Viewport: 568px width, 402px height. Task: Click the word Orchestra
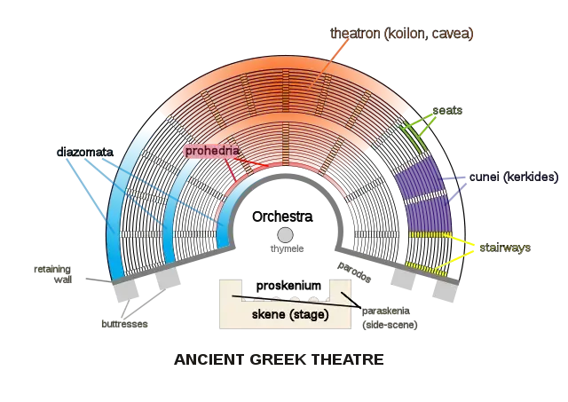coord(282,217)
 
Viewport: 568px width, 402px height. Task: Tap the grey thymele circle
coord(285,235)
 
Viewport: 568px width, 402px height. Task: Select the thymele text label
coord(287,248)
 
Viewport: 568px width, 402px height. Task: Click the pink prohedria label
coord(212,151)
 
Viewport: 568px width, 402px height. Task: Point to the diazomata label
coord(85,152)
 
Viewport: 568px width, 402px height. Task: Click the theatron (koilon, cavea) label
coord(402,34)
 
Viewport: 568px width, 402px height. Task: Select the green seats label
coord(447,110)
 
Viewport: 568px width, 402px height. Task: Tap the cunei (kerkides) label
coord(514,177)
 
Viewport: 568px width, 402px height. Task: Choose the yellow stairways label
coord(505,248)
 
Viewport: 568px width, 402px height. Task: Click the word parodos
coord(354,272)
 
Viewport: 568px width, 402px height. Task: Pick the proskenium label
coord(288,286)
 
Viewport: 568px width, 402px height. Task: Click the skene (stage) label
coord(290,314)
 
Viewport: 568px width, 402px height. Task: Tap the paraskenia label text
coord(386,311)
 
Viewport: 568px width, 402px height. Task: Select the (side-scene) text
coord(390,325)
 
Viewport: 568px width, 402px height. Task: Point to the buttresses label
coord(124,323)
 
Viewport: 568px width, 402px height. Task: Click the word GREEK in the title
coord(277,359)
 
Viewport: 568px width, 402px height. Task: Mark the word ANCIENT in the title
coord(209,359)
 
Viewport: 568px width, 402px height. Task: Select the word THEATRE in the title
coord(347,359)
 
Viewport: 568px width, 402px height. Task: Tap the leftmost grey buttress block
coord(125,290)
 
